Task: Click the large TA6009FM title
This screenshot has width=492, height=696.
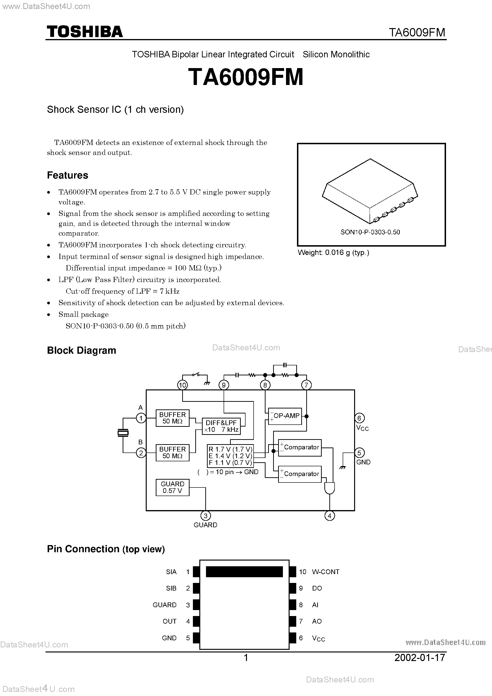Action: [246, 77]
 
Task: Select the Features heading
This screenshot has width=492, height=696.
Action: [67, 175]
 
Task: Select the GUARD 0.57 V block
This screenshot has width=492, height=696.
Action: [172, 487]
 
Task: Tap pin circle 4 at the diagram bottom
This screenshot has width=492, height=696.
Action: [329, 516]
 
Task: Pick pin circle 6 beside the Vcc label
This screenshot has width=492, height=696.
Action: [359, 418]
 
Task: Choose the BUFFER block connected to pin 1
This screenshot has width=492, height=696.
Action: [172, 418]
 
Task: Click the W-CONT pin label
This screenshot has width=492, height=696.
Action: [326, 572]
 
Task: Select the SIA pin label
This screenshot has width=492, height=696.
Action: [171, 572]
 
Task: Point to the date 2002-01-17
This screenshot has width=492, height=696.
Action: [420, 657]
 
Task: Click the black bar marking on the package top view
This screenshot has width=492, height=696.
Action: [244, 572]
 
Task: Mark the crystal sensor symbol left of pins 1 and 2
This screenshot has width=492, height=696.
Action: [123, 433]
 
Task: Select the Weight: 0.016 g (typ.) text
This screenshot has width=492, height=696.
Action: [333, 253]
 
